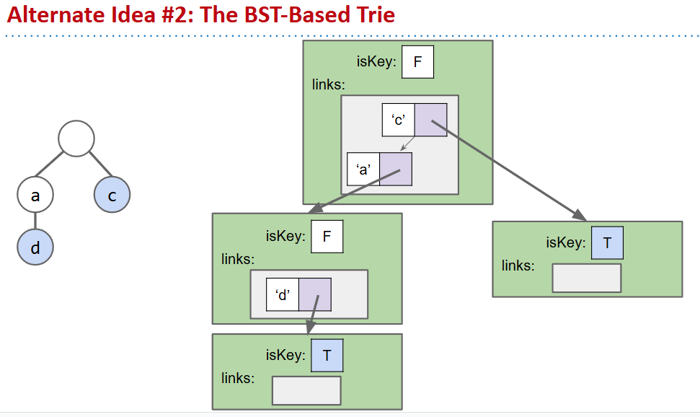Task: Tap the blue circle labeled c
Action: click(112, 195)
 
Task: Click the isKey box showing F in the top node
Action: click(417, 62)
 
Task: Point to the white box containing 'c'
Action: click(398, 120)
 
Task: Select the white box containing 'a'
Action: click(363, 169)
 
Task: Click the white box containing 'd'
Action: click(283, 294)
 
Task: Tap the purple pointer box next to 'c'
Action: click(430, 120)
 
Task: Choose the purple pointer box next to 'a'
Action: click(396, 169)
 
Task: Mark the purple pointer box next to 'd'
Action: click(315, 294)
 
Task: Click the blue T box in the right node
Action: click(607, 243)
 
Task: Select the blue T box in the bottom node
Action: click(327, 356)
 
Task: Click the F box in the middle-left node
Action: click(327, 237)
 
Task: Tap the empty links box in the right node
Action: click(586, 278)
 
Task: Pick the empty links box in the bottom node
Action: click(306, 390)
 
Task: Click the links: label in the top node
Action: click(329, 85)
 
